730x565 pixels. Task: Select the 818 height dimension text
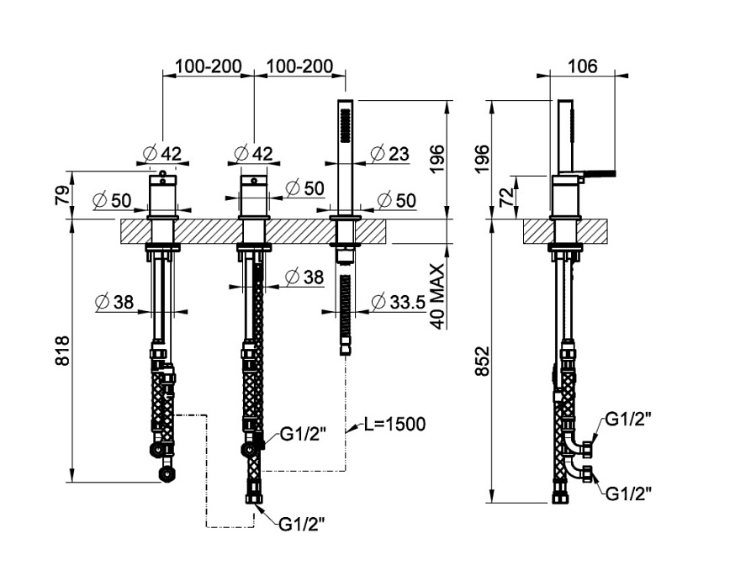[x=61, y=351]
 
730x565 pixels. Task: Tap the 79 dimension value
[x=61, y=196]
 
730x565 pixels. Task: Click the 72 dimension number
[x=506, y=198]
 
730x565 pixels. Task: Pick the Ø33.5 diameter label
[x=395, y=301]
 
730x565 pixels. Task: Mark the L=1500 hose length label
[x=394, y=424]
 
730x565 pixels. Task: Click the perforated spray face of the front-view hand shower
[x=343, y=126]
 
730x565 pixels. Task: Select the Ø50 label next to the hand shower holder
[x=395, y=200]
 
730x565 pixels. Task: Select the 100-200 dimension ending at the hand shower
[x=299, y=66]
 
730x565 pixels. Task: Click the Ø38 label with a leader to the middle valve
[x=304, y=276]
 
